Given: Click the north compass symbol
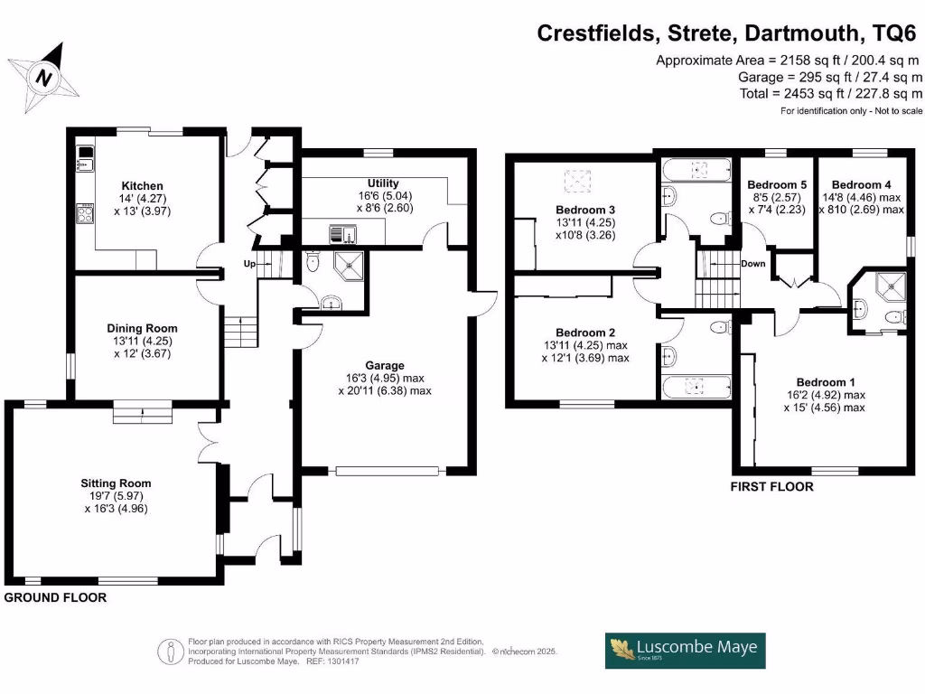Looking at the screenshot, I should pyautogui.click(x=42, y=77).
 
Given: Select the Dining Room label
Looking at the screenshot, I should pyautogui.click(x=142, y=328).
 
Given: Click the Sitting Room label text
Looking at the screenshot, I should pyautogui.click(x=115, y=483).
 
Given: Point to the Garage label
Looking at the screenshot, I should pyautogui.click(x=384, y=364).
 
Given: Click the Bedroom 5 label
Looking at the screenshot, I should pyautogui.click(x=777, y=185).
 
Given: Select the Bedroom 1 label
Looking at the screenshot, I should pyautogui.click(x=824, y=382).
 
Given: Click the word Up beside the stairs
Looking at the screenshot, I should pyautogui.click(x=250, y=263).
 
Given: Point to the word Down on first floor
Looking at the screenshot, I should pyautogui.click(x=753, y=264).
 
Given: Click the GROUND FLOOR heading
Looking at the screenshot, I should pyautogui.click(x=55, y=597).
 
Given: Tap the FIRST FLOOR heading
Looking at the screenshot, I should pyautogui.click(x=771, y=486).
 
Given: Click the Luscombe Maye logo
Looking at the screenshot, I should pyautogui.click(x=685, y=650).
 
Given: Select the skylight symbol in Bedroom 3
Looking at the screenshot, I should pyautogui.click(x=575, y=182).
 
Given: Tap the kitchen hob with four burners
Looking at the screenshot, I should pyautogui.click(x=85, y=213).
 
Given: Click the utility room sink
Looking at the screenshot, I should pyautogui.click(x=344, y=234).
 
